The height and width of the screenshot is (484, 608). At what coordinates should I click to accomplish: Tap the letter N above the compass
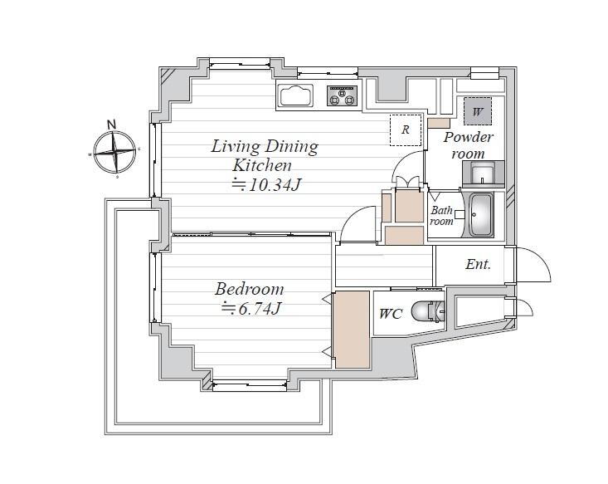(112, 125)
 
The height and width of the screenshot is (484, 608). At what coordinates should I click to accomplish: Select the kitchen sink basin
(296, 95)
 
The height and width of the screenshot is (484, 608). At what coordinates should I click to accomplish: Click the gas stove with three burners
(343, 95)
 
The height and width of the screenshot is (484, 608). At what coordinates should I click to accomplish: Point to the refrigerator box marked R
(406, 130)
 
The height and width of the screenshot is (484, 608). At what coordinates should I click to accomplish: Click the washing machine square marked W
(478, 111)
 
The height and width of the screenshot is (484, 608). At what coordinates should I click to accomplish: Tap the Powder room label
(469, 145)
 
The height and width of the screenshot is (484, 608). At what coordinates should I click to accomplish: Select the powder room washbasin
(483, 173)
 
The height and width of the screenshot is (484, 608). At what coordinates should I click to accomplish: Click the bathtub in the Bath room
(481, 215)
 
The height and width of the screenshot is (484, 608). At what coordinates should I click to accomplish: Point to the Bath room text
(441, 216)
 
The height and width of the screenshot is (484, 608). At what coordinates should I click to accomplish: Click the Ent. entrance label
(478, 265)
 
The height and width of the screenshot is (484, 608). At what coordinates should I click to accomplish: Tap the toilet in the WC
(427, 311)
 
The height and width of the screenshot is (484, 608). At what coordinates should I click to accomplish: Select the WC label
(391, 314)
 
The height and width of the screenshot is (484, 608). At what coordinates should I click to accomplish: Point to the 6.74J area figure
(250, 309)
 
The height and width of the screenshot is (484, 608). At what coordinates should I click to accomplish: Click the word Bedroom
(250, 289)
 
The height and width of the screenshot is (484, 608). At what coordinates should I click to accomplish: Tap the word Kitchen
(262, 165)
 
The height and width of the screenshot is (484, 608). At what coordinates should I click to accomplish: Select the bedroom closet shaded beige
(352, 330)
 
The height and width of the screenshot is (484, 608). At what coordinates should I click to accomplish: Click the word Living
(236, 147)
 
